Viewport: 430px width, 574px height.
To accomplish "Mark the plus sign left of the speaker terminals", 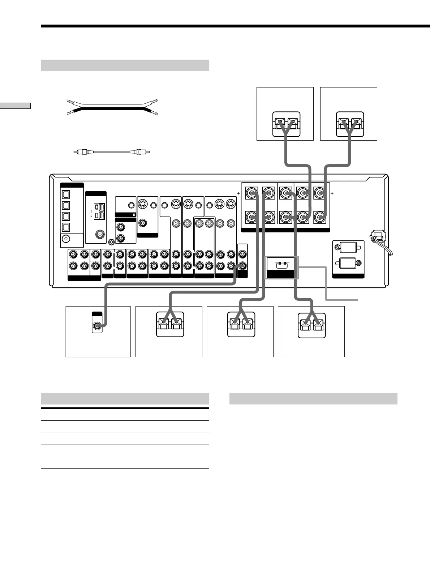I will point(238,194).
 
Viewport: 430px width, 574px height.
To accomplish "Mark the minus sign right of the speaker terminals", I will point(332,217).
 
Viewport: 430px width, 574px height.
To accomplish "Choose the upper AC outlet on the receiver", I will point(348,248).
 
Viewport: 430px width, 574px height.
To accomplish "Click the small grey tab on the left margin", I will point(15,106).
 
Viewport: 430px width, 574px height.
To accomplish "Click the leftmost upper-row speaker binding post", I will point(251,193).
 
